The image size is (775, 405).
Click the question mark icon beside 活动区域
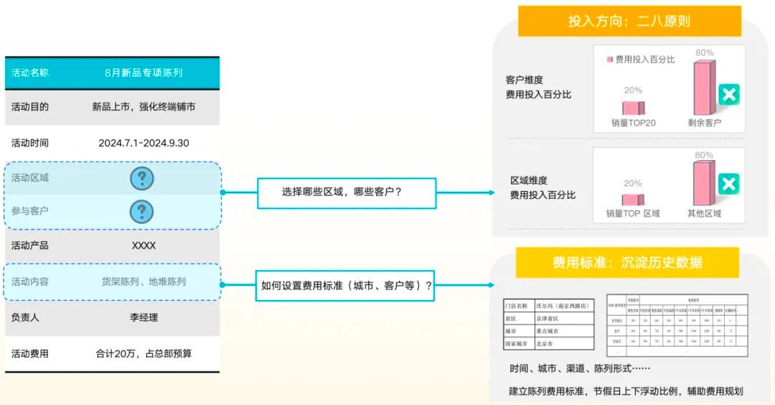pyautogui.click(x=142, y=178)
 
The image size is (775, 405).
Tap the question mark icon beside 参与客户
pyautogui.click(x=142, y=211)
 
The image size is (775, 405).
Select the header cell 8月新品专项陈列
pyautogui.click(x=144, y=73)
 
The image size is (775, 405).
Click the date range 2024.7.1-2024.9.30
pyautogui.click(x=144, y=143)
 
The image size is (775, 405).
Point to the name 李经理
pyautogui.click(x=144, y=317)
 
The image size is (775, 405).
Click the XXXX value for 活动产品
pyautogui.click(x=144, y=246)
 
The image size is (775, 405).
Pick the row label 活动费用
pyautogui.click(x=30, y=353)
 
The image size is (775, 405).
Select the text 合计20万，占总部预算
pyautogui.click(x=144, y=353)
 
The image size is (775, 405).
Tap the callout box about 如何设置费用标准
pyautogui.click(x=347, y=285)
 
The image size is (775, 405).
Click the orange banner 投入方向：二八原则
pyautogui.click(x=629, y=22)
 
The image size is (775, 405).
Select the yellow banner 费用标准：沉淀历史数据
pyautogui.click(x=627, y=263)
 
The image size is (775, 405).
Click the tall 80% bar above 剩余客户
pyautogui.click(x=704, y=88)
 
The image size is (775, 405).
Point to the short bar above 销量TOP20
pyautogui.click(x=633, y=108)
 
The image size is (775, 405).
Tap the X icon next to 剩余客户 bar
pyautogui.click(x=729, y=94)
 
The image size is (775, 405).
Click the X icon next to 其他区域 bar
pyautogui.click(x=729, y=185)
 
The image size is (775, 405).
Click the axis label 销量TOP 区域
pyautogui.click(x=632, y=213)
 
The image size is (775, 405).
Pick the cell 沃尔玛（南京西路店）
pyautogui.click(x=564, y=305)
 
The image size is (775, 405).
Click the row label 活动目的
pyautogui.click(x=30, y=107)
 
